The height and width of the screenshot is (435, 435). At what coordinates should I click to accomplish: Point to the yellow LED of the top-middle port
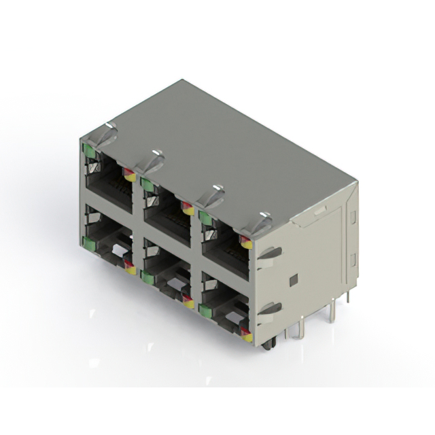pyautogui.click(x=188, y=210)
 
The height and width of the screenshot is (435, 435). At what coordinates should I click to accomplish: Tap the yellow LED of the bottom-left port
pyautogui.click(x=130, y=269)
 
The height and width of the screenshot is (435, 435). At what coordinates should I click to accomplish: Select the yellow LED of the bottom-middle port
pyautogui.click(x=188, y=302)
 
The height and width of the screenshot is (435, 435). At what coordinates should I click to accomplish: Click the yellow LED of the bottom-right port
pyautogui.click(x=247, y=336)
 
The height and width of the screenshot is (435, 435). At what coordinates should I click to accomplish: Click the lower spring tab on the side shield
pyautogui.click(x=271, y=309)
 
